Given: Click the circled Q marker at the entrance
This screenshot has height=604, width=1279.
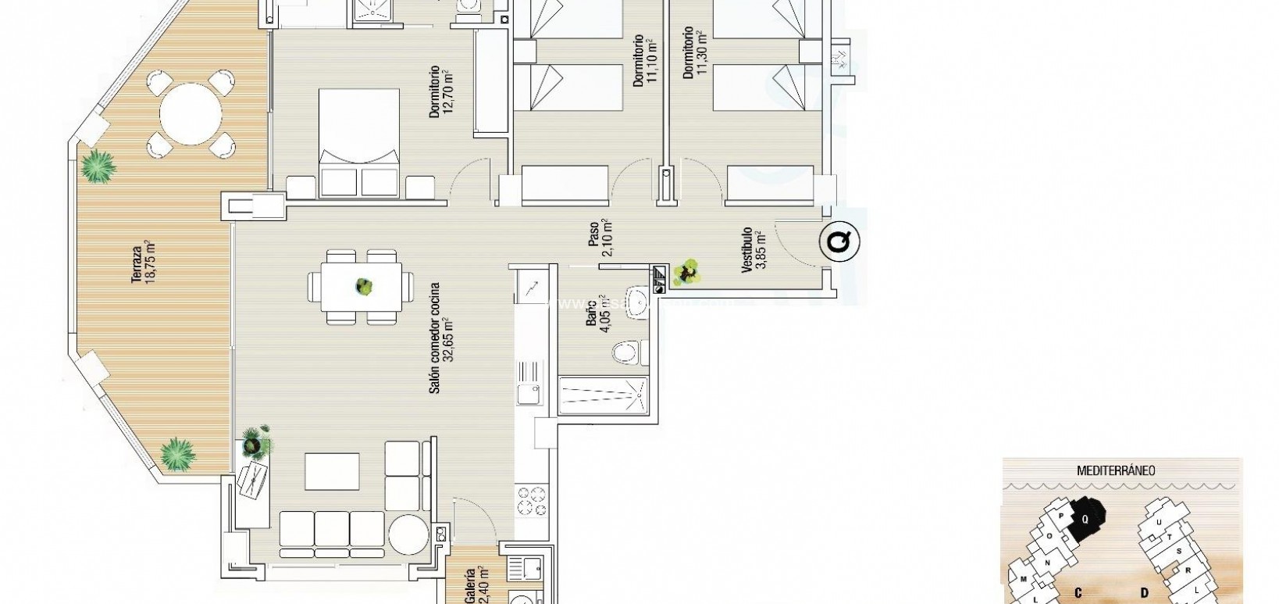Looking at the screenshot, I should (839, 241).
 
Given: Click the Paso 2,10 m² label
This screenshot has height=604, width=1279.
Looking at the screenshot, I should (600, 238).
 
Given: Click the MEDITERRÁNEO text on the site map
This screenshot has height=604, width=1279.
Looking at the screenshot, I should (1116, 470).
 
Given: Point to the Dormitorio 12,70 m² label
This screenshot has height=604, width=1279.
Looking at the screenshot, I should (441, 92).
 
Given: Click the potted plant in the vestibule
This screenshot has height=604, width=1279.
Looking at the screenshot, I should (688, 273).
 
